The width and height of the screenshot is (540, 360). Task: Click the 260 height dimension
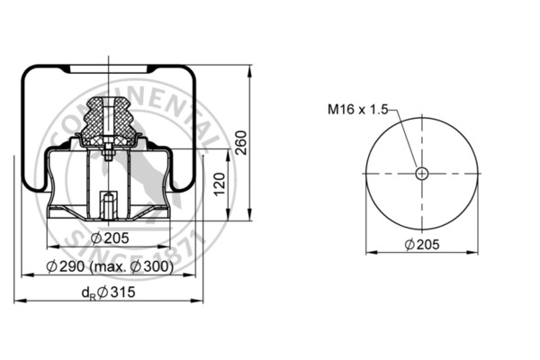pos(241,142)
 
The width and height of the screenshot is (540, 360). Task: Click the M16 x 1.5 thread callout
pos(357,110)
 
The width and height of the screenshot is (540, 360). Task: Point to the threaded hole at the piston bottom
pos(108,204)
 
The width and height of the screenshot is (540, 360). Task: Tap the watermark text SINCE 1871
pos(180,236)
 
